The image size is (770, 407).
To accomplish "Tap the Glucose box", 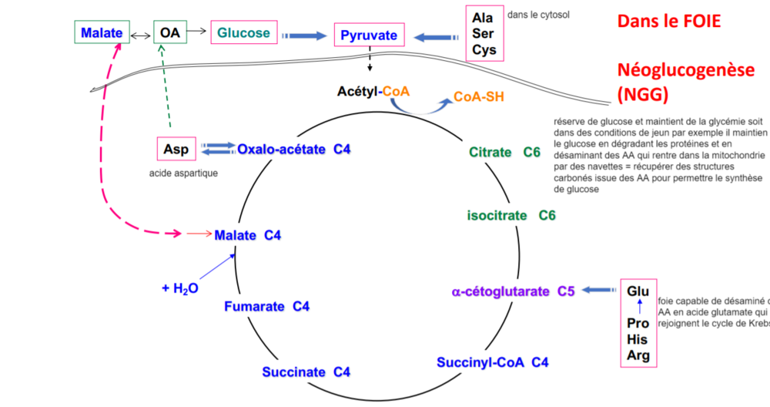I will [x=243, y=33].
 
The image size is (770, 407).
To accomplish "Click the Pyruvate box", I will [x=369, y=35].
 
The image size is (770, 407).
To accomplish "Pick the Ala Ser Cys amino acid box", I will [x=484, y=33].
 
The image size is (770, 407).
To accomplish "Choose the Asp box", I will [x=175, y=149].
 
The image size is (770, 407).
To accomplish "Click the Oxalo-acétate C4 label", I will [x=294, y=149].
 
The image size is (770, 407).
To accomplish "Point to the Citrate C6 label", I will [x=504, y=152].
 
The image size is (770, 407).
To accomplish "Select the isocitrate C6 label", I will [x=511, y=215].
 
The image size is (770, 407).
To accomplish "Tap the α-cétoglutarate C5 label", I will [x=513, y=291].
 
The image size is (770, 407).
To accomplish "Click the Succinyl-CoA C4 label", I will [x=492, y=362].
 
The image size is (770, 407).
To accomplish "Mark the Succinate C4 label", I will [x=306, y=372].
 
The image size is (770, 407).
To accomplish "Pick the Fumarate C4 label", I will [x=266, y=307].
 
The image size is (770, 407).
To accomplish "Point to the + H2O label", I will [x=180, y=288].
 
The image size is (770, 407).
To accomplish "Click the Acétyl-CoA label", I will [x=373, y=91].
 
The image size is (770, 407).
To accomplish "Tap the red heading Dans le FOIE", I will [x=668, y=22].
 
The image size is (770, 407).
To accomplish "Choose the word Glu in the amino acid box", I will [x=638, y=291].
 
